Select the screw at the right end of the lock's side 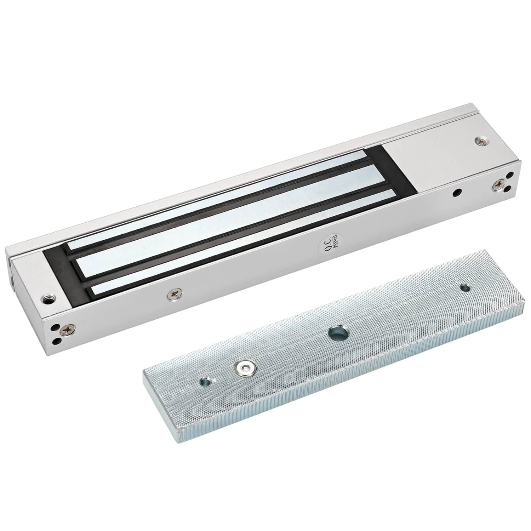click(x=499, y=184)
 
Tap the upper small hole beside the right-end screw click(x=510, y=175)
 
